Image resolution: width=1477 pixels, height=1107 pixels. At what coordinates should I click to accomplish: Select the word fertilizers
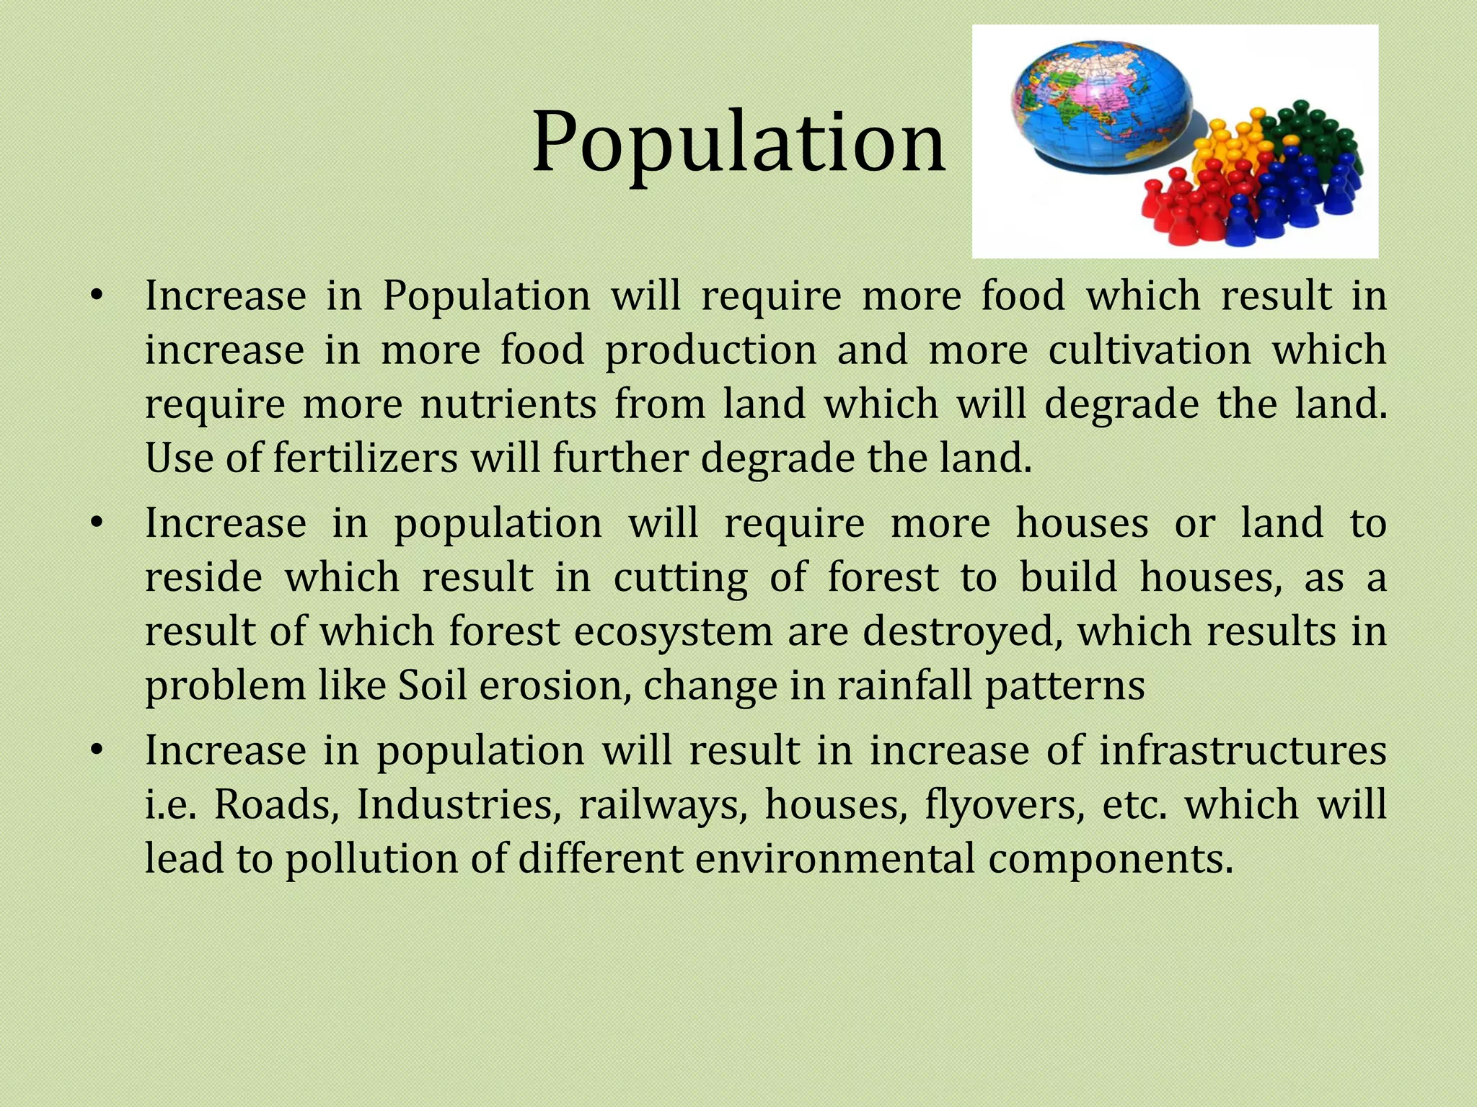click(x=366, y=458)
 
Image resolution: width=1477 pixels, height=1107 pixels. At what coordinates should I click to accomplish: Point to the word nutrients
click(x=508, y=404)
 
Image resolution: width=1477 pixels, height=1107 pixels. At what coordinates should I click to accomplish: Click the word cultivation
click(x=1150, y=350)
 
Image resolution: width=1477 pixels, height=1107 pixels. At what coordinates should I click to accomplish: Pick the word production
click(x=710, y=350)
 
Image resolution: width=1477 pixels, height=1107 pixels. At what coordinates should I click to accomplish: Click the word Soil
click(x=432, y=685)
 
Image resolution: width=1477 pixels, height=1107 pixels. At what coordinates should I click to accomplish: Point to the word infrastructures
click(x=1243, y=750)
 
